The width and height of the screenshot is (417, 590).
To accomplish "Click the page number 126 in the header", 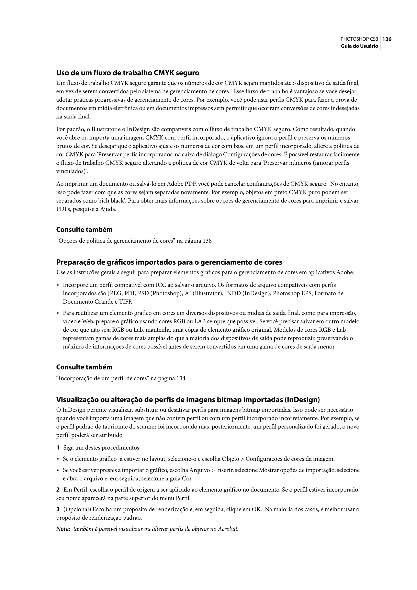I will (387, 39).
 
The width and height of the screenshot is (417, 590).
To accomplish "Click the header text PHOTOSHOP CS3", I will (359, 39).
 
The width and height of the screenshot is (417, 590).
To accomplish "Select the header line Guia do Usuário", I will (359, 46).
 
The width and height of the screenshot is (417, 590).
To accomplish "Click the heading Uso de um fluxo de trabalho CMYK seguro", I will (128, 73).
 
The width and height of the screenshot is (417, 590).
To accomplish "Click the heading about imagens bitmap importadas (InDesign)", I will (188, 400).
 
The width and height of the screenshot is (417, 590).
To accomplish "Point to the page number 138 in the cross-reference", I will (207, 241).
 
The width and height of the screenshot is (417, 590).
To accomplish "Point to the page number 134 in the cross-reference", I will (181, 379).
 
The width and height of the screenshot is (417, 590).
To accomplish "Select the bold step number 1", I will (58, 448).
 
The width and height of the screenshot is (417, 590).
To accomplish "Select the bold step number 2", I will (58, 490).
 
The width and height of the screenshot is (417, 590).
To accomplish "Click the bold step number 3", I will (58, 509).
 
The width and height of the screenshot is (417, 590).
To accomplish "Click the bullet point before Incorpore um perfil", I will (58, 285).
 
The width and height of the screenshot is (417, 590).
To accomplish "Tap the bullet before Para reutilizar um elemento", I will (58, 313).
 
